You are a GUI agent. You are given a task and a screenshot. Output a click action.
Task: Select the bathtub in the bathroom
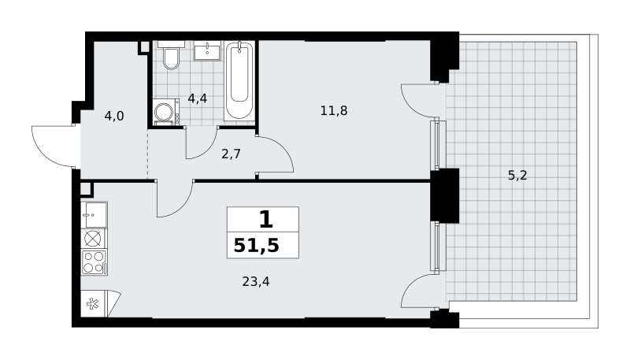pos(239,80)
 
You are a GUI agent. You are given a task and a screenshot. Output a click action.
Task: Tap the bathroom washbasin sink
pos(207,50)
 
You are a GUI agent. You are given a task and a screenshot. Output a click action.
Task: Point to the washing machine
pos(166,112)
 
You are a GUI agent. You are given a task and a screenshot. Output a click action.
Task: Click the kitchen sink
pos(94,214)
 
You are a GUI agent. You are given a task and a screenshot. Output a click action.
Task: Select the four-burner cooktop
pos(94,262)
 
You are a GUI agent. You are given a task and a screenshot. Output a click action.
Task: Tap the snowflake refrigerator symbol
pos(93,304)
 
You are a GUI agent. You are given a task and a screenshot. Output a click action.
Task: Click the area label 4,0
pos(114,117)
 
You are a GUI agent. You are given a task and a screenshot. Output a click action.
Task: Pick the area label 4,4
pos(198,98)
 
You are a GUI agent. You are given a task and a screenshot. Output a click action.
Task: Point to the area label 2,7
pos(231,154)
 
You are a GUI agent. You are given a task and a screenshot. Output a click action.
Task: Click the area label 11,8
pos(334,110)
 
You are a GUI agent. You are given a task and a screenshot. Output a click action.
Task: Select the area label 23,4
pos(256,282)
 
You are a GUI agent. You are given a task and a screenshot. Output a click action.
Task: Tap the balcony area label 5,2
pos(517,175)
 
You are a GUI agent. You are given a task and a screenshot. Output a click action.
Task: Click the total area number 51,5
pos(257,245)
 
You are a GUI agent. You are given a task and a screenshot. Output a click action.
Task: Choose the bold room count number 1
pos(266,220)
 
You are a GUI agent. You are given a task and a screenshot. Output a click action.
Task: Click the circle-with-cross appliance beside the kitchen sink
pos(93,239)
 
